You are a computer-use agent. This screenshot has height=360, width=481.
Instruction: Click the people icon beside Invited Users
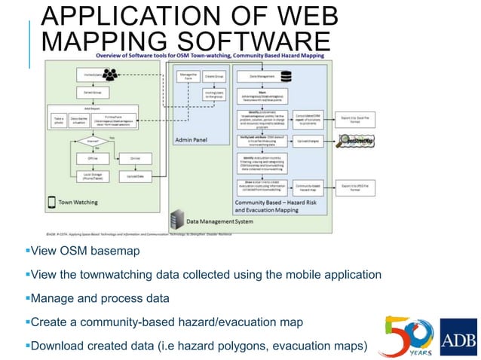click(111, 75)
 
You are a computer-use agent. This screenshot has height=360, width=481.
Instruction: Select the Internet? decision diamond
click(93, 141)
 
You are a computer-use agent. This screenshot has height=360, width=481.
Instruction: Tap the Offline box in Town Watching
click(93, 158)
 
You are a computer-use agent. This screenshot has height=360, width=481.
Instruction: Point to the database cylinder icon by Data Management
click(286, 76)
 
